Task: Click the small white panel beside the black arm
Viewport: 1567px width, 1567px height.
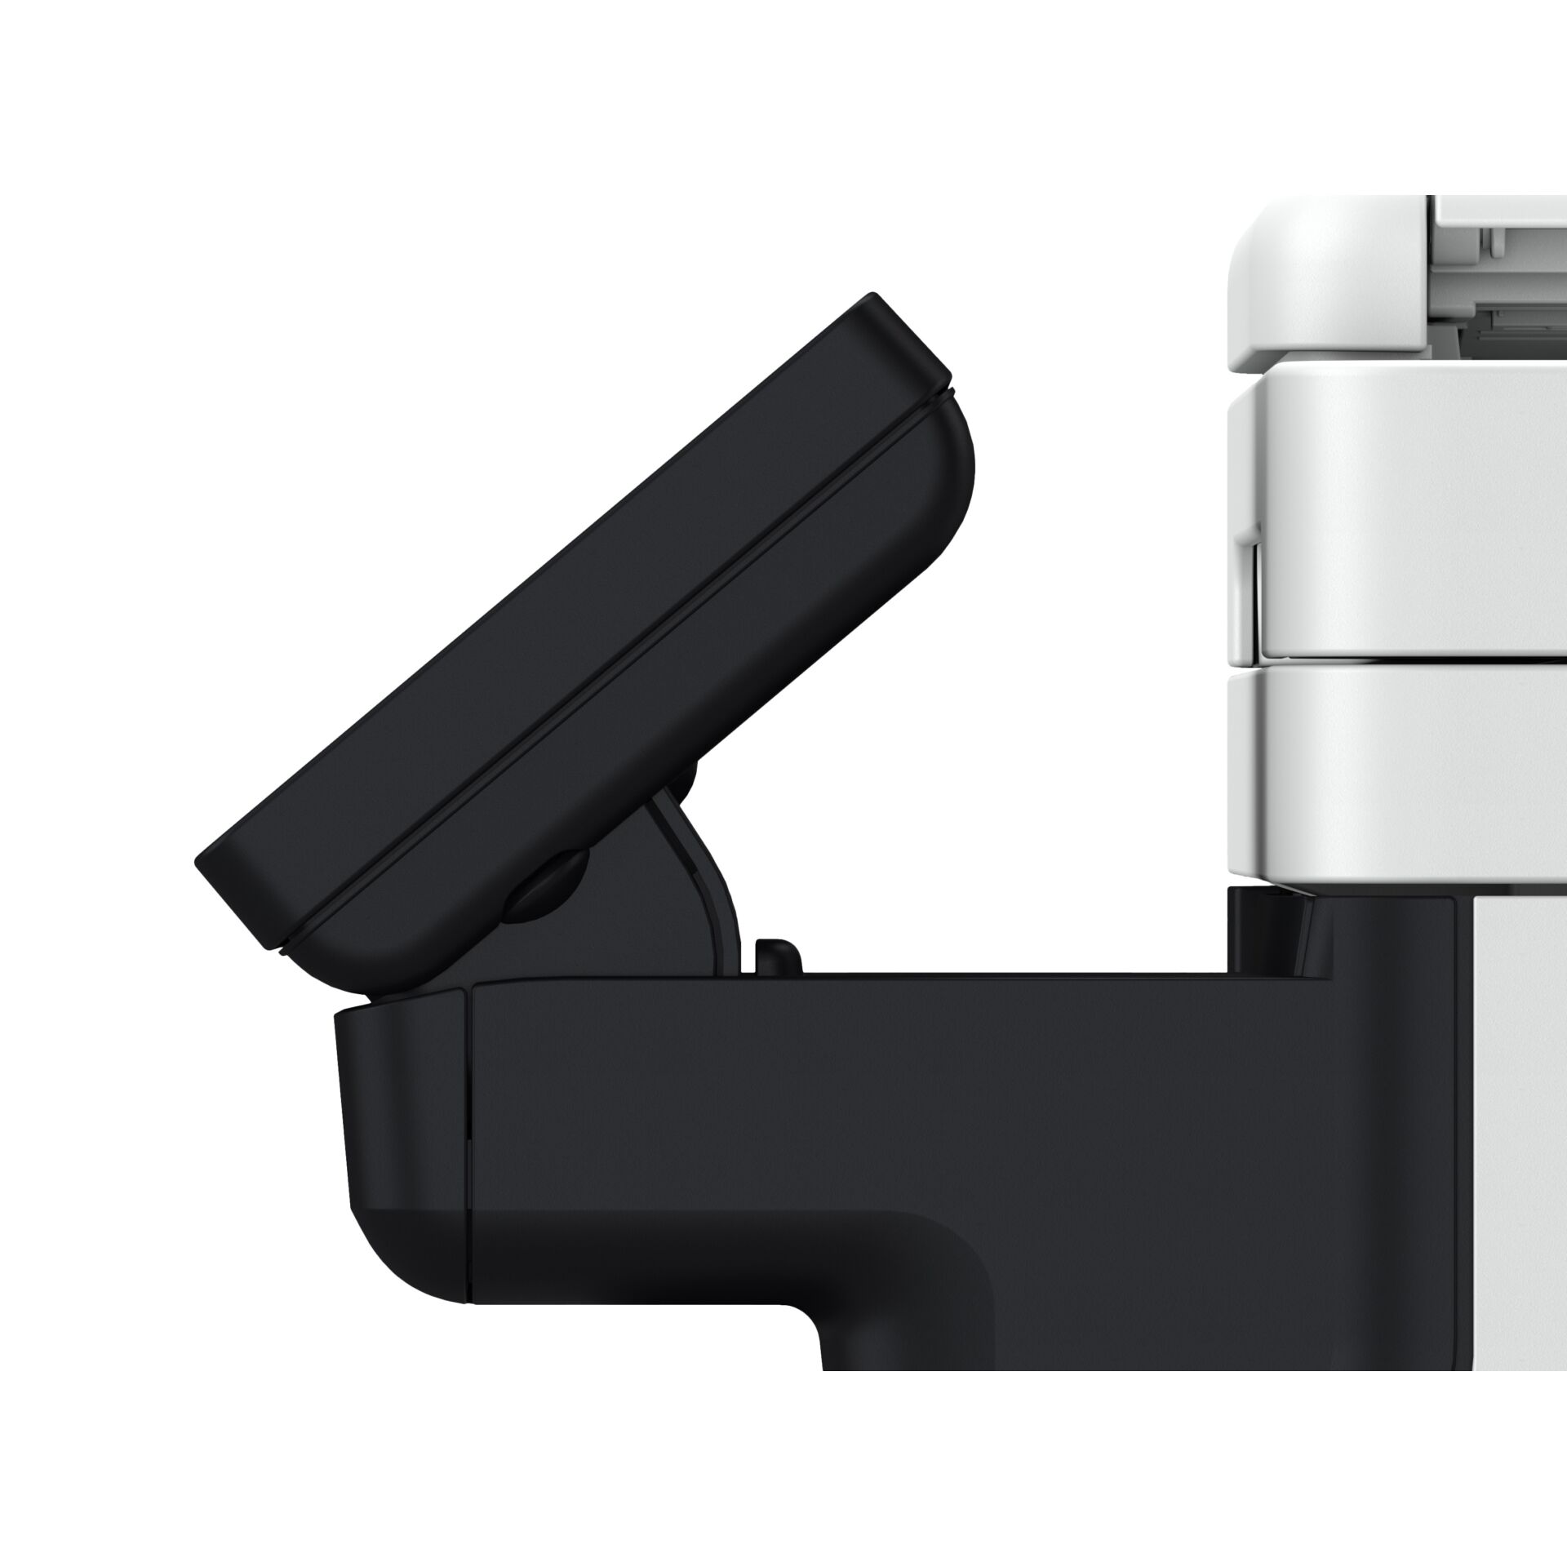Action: click(x=1518, y=1143)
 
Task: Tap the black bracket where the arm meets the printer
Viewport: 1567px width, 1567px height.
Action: click(x=1273, y=939)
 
